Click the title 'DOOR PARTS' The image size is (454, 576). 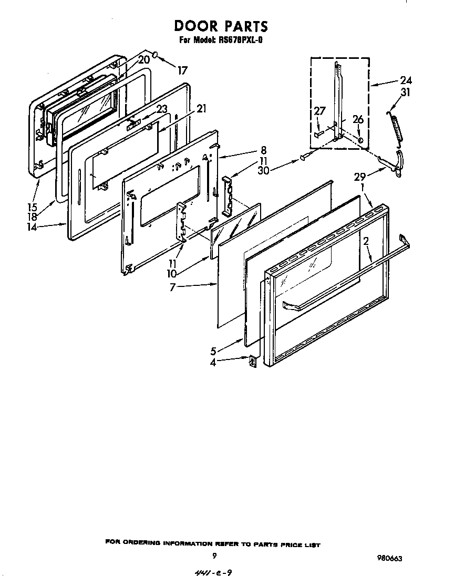(x=221, y=26)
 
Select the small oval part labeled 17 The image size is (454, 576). (x=156, y=55)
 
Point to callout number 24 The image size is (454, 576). (x=406, y=80)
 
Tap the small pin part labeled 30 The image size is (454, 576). (x=303, y=157)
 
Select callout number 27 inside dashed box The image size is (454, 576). (x=320, y=111)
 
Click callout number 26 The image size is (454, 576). (x=358, y=120)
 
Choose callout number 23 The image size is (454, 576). (x=162, y=110)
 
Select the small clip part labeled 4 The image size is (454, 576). (x=252, y=362)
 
